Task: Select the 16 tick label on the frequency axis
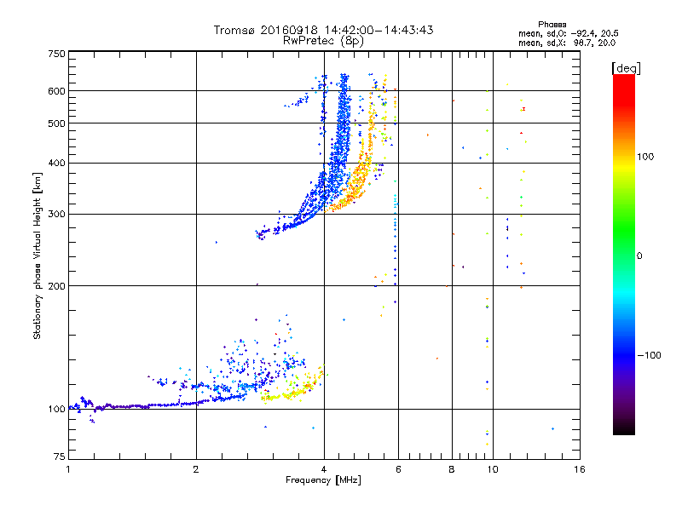[x=579, y=469]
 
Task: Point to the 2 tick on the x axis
[x=196, y=469]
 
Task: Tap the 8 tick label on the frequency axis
[x=452, y=469]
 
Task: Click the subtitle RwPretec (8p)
[x=324, y=40]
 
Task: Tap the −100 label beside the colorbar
[x=652, y=355]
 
